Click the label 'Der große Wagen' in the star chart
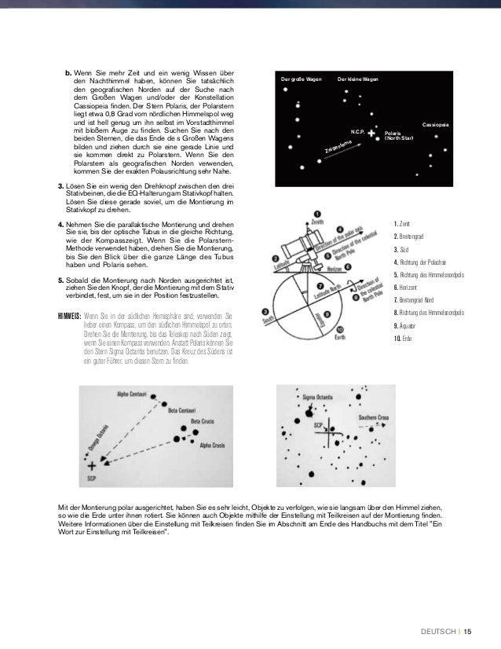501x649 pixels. point(302,80)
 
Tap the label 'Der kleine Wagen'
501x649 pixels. point(357,80)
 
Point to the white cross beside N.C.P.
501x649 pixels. point(371,134)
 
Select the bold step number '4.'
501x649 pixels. point(61,225)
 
